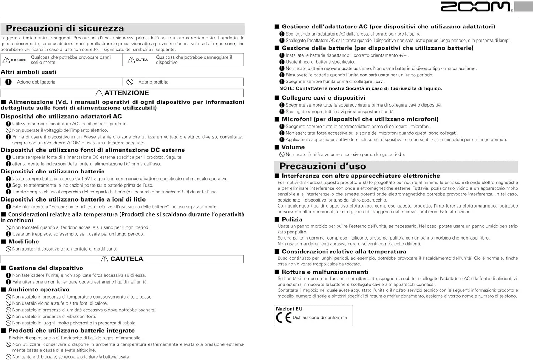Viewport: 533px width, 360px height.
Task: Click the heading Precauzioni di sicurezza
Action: [x=65, y=28]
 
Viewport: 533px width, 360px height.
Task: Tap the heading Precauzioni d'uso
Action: [x=322, y=166]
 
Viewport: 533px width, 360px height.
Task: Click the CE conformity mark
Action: [x=284, y=317]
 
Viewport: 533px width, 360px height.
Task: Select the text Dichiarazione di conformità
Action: [x=320, y=317]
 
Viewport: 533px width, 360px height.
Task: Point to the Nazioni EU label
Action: [x=289, y=309]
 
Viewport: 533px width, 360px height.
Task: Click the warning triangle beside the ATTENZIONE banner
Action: [x=99, y=93]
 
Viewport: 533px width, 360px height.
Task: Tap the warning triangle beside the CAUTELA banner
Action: [x=104, y=259]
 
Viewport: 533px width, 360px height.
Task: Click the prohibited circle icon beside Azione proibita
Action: [x=130, y=82]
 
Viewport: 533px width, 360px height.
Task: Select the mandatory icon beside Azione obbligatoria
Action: [x=9, y=82]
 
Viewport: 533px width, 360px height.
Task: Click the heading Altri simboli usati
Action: [x=28, y=72]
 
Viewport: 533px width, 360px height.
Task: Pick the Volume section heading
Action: [x=293, y=147]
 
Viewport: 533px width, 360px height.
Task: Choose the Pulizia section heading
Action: [x=292, y=220]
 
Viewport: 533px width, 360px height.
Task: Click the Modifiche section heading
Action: [x=23, y=242]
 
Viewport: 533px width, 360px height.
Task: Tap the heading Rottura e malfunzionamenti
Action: [x=325, y=272]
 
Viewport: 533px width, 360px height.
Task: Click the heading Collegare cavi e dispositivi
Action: [x=323, y=98]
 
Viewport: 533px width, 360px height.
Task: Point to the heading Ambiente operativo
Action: [x=39, y=290]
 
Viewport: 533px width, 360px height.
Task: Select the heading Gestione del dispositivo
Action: [x=45, y=268]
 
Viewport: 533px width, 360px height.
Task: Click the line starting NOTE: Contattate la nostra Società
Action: [x=361, y=88]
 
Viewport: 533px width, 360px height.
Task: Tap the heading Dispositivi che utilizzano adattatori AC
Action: [x=61, y=117]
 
